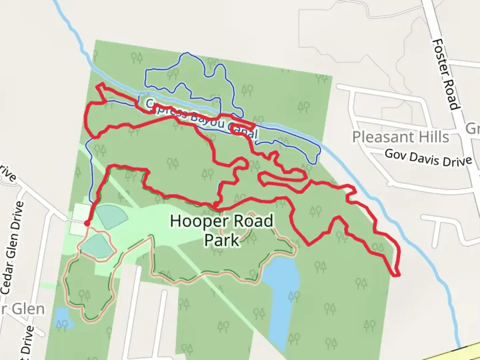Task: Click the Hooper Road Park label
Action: coord(222,230)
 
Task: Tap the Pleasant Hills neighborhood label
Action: coord(400,137)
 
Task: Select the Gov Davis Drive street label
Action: coord(428,158)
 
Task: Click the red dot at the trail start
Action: coord(87,223)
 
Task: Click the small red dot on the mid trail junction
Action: coord(216,204)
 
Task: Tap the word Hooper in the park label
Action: coord(194,221)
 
